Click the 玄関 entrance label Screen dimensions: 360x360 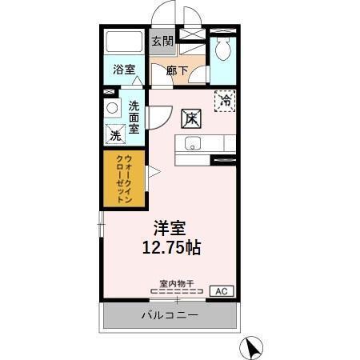pyautogui.click(x=162, y=40)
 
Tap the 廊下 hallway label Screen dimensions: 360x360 pyautogui.click(x=177, y=71)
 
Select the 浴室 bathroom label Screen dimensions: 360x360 pyautogui.click(x=124, y=69)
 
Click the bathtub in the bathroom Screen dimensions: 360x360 pyautogui.click(x=125, y=42)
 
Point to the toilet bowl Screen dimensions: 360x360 pyautogui.click(x=223, y=50)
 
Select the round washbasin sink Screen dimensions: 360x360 pyautogui.click(x=113, y=107)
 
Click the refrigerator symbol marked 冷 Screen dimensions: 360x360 pyautogui.click(x=226, y=101)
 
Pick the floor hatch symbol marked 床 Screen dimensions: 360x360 pyautogui.click(x=190, y=118)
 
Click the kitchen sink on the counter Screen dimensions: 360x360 pyautogui.click(x=193, y=144)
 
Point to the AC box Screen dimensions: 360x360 pyautogui.click(x=222, y=291)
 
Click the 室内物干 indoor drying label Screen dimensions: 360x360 pyautogui.click(x=175, y=283)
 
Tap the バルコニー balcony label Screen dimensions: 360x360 pyautogui.click(x=169, y=314)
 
